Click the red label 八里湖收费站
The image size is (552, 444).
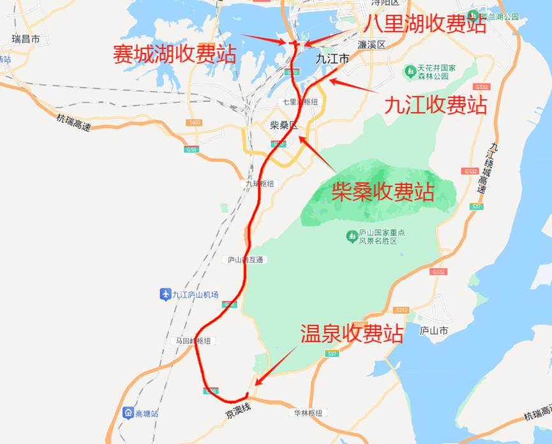click(x=426, y=24)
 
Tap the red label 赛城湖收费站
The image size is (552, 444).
click(x=174, y=54)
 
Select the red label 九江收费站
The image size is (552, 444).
click(x=436, y=104)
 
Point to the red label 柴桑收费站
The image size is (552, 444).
click(x=383, y=191)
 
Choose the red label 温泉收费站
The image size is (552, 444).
click(x=352, y=333)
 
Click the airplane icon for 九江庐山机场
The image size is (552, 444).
click(x=165, y=294)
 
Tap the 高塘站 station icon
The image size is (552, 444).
click(x=128, y=413)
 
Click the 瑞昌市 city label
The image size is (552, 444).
click(x=26, y=40)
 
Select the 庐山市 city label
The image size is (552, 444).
click(x=435, y=331)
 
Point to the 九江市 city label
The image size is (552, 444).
click(x=332, y=59)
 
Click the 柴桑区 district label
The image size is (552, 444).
click(x=284, y=125)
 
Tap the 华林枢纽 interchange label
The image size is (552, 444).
click(x=310, y=413)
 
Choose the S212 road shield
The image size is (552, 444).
click(x=401, y=310)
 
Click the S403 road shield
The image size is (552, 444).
click(x=195, y=122)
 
